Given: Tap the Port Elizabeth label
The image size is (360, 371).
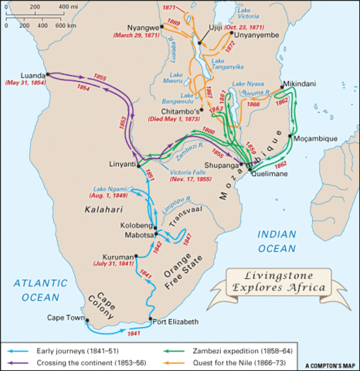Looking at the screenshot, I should tap(173, 322).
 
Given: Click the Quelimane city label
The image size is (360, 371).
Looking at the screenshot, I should tap(268, 174).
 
